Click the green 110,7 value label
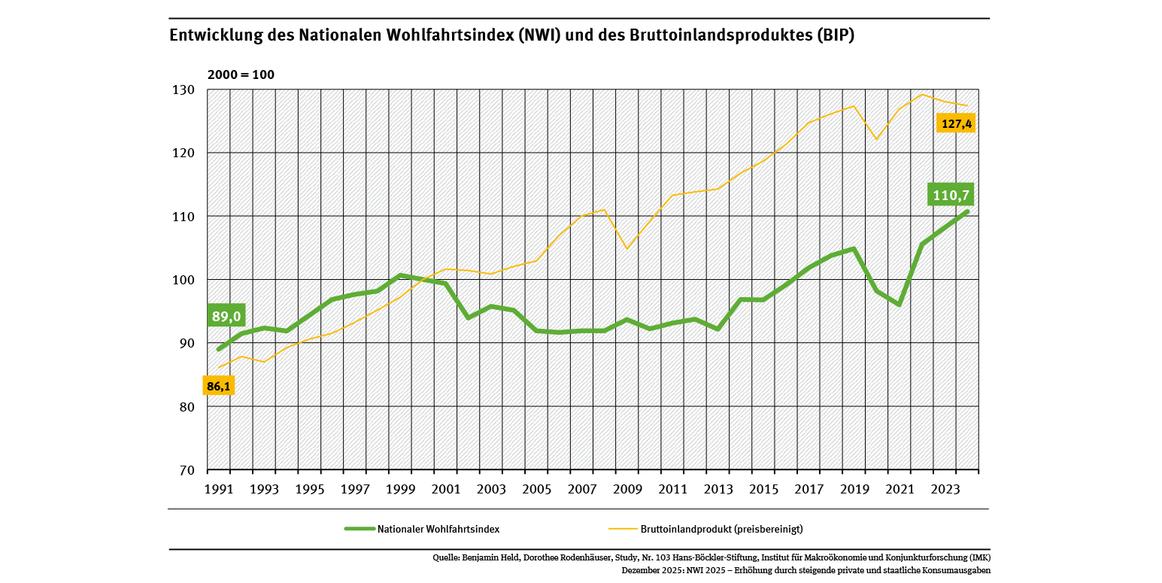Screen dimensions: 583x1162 point(951,196)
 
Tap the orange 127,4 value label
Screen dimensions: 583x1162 point(955,123)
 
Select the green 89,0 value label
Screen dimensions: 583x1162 point(226,316)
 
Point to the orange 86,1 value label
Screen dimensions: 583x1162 point(219,386)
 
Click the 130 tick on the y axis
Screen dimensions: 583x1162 point(184,90)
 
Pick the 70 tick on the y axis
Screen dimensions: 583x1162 point(187,470)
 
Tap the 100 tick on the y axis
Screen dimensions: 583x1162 point(184,280)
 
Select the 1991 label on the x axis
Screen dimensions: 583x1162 point(219,490)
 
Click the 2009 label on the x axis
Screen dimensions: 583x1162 point(627,490)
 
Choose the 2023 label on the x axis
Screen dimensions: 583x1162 point(945,490)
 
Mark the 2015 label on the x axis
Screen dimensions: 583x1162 point(763,490)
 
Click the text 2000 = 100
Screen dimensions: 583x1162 point(241,75)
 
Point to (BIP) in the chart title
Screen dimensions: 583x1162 point(835,35)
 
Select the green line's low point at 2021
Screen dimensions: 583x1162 point(899,305)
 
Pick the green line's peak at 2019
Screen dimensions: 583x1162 point(854,248)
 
